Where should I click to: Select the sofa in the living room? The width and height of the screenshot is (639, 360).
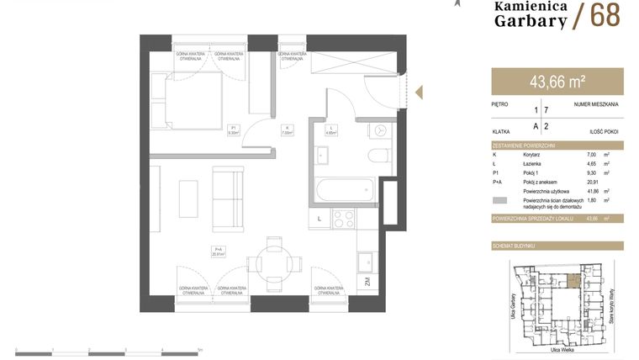(226, 198)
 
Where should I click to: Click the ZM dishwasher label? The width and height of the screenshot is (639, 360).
(367, 283)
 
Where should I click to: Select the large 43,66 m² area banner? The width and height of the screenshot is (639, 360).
(557, 82)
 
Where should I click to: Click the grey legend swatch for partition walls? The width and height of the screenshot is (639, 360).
(499, 201)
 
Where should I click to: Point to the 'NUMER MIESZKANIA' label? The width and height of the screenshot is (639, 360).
(596, 104)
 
